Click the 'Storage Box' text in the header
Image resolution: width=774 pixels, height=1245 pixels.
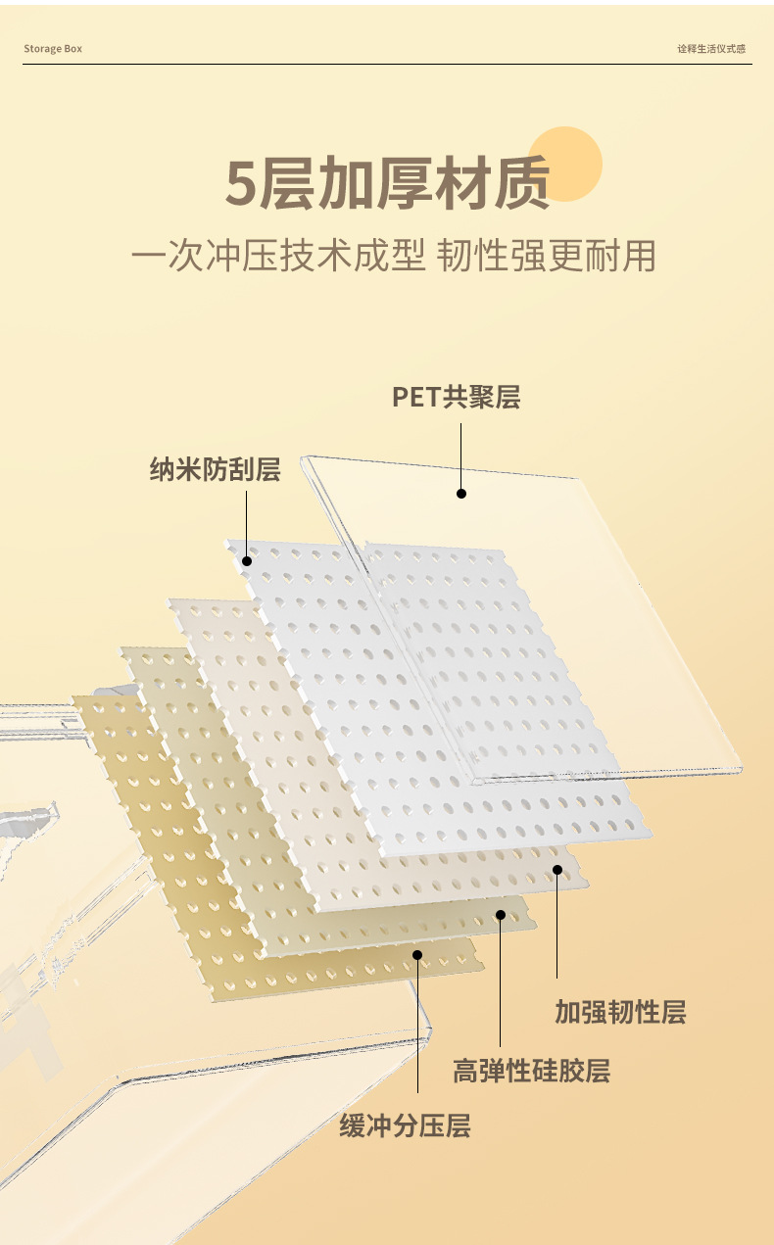point(53,49)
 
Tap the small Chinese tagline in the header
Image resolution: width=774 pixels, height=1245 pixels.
point(711,49)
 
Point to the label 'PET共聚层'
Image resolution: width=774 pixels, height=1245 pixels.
point(456,397)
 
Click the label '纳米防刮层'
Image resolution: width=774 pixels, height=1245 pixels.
point(215,469)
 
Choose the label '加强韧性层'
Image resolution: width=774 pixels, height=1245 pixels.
point(620,1012)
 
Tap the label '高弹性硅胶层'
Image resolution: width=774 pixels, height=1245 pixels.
point(531,1071)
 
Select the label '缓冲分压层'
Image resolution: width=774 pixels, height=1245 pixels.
point(405,1126)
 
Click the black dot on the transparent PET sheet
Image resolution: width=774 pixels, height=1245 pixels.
point(461,494)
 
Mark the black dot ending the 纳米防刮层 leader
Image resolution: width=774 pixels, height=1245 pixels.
point(247,561)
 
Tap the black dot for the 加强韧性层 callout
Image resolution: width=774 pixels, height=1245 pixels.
point(557,869)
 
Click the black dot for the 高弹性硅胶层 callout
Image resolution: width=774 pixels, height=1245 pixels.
point(501,915)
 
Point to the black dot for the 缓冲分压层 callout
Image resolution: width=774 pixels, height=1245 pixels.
point(417,954)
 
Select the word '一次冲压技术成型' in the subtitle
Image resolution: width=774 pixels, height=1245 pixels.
point(278,257)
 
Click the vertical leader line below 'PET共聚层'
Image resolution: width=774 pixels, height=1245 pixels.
point(461,455)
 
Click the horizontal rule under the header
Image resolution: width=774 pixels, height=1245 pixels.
point(387,65)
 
